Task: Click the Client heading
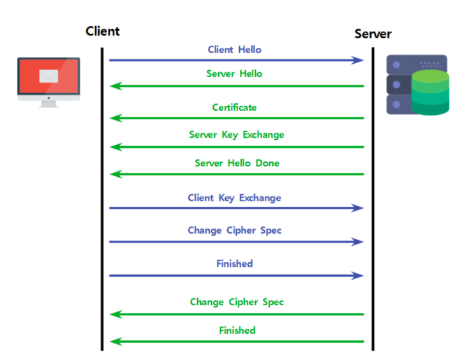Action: pyautogui.click(x=102, y=31)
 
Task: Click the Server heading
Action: pyautogui.click(x=373, y=34)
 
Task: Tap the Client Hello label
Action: pyautogui.click(x=234, y=49)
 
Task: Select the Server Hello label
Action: pyautogui.click(x=234, y=73)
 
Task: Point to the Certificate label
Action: pyautogui.click(x=234, y=107)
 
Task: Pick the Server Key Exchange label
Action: pyautogui.click(x=236, y=135)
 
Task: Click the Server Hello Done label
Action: pyautogui.click(x=237, y=163)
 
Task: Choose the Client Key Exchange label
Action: pyautogui.click(x=234, y=198)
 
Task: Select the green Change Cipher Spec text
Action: pyautogui.click(x=237, y=302)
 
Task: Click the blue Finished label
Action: pyautogui.click(x=234, y=263)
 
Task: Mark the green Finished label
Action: pyautogui.click(x=237, y=330)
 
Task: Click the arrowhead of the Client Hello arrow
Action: pyautogui.click(x=359, y=60)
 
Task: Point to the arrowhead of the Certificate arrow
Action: pyautogui.click(x=114, y=118)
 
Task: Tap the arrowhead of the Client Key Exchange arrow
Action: pyautogui.click(x=359, y=208)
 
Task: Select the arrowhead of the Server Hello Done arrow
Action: pyautogui.click(x=114, y=174)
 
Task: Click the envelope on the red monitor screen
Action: pyautogui.click(x=48, y=77)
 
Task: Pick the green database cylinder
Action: pyautogui.click(x=430, y=93)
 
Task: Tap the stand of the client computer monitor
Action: pyautogui.click(x=48, y=103)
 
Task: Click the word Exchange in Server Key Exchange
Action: pyautogui.click(x=264, y=135)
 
